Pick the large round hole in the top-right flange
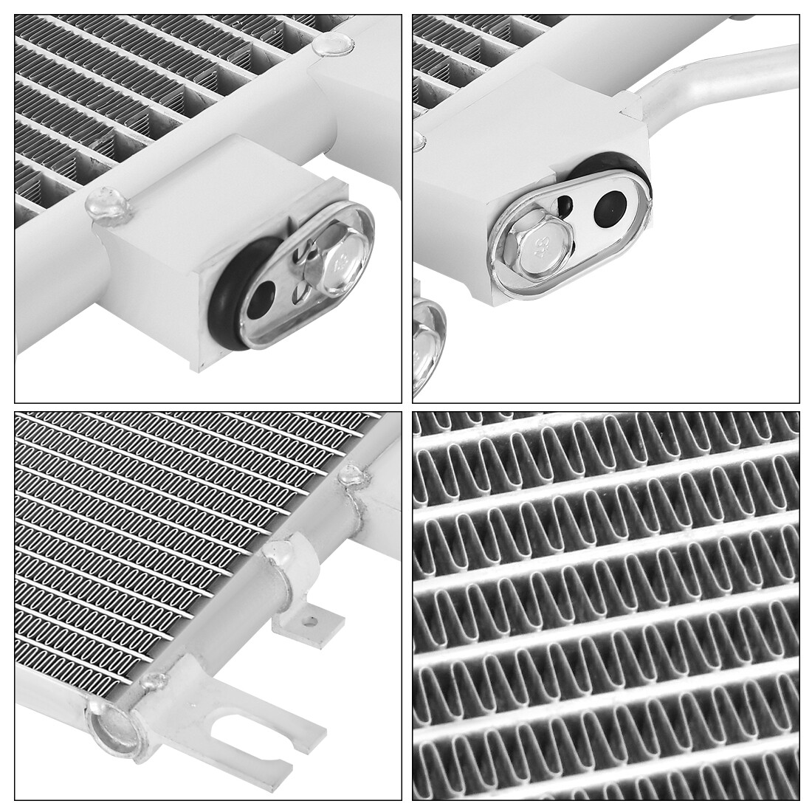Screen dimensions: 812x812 pos(610,207)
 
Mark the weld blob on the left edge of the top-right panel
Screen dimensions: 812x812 pos(419,138)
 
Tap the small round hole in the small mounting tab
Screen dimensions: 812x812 pos(314,622)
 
